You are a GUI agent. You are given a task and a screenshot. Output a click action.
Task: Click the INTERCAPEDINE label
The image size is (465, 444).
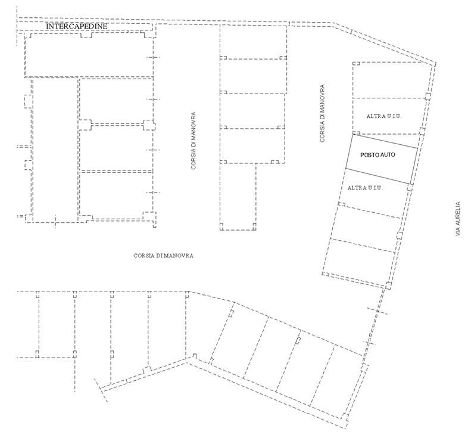(x=77, y=26)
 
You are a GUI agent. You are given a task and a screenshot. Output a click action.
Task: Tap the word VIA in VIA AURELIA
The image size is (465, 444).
(x=458, y=231)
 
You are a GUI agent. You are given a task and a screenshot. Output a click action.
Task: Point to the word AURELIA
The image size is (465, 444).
(x=458, y=214)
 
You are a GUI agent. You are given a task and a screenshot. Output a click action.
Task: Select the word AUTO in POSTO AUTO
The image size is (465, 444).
(x=387, y=155)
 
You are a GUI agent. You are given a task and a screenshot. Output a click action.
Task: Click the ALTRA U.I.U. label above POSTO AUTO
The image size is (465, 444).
(x=384, y=116)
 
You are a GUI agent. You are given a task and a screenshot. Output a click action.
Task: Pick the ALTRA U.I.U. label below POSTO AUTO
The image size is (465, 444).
(x=365, y=188)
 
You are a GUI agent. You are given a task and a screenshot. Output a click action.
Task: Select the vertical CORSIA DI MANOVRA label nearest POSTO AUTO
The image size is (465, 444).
(x=322, y=113)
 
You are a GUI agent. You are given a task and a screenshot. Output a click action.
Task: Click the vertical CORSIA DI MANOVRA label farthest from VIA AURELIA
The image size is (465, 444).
(x=194, y=141)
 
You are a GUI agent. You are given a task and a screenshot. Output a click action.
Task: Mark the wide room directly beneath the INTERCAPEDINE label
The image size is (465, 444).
(x=89, y=55)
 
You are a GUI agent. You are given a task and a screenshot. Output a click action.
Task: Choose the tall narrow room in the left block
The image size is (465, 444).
(x=55, y=150)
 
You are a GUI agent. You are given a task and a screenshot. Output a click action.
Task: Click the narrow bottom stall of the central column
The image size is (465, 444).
(x=238, y=197)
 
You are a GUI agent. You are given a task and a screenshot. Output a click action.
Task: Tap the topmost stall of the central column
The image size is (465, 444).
(x=254, y=42)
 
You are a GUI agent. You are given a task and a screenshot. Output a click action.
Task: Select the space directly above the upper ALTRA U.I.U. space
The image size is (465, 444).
(x=388, y=80)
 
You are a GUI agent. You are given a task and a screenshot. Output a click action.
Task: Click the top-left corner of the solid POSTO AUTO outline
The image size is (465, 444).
(x=352, y=135)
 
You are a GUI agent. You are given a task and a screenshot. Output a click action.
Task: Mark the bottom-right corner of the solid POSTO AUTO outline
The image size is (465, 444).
(x=411, y=184)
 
